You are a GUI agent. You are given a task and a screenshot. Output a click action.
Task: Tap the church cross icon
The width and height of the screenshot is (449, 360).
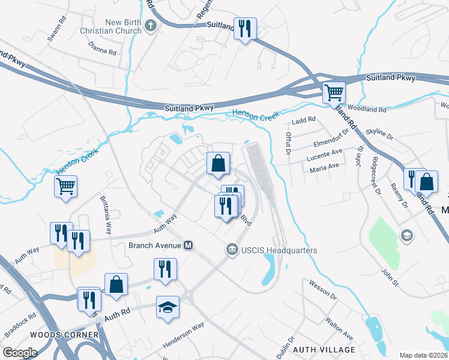pyautogui.click(x=151, y=26)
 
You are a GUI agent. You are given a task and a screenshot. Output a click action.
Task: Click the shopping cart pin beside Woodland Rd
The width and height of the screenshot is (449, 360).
pyautogui.click(x=333, y=93)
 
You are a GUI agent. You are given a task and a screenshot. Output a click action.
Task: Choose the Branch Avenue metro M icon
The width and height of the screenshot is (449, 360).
pyautogui.click(x=188, y=245)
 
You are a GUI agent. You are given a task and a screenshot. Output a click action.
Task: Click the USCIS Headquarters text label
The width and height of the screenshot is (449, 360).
pyautogui.click(x=279, y=250)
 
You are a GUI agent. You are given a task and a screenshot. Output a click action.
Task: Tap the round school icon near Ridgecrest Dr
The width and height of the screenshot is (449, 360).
pyautogui.click(x=406, y=235)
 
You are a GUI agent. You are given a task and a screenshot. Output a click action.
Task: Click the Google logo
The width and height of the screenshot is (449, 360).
pyautogui.click(x=20, y=353)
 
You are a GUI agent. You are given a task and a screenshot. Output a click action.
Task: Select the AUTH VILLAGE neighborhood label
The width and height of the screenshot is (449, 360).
pyautogui.click(x=323, y=349)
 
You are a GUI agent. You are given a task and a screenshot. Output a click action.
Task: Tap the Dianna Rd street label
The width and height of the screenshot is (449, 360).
pyautogui.click(x=102, y=48)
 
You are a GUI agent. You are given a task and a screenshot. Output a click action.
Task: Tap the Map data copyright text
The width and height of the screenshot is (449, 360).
pyautogui.click(x=424, y=355)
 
